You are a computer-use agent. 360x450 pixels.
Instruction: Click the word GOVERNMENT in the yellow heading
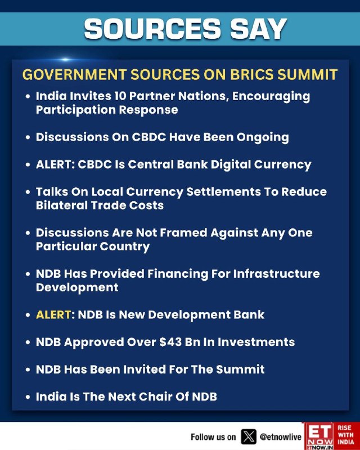tap(74, 75)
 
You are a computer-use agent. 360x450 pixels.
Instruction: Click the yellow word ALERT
tap(53, 315)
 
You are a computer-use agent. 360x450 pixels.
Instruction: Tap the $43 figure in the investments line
tap(170, 342)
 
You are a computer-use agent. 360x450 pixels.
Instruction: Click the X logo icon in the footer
tap(248, 437)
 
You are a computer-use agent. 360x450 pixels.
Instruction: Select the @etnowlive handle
tap(280, 437)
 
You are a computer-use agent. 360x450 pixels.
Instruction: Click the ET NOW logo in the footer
tap(319, 435)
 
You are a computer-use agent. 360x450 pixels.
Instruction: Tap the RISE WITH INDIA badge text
tap(346, 435)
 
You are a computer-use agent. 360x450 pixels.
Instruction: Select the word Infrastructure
tap(276, 274)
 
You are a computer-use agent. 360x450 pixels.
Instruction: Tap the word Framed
tap(183, 233)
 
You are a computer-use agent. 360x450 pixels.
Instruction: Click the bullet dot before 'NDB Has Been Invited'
tap(28, 370)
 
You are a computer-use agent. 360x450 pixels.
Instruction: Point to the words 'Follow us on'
tap(213, 437)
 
